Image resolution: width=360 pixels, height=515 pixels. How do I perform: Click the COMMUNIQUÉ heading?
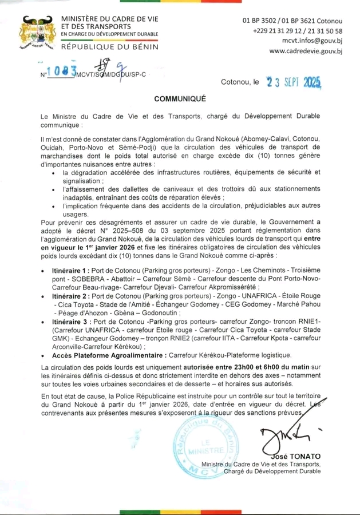180,98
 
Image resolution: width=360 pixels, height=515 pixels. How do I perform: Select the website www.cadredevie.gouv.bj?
306,51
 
